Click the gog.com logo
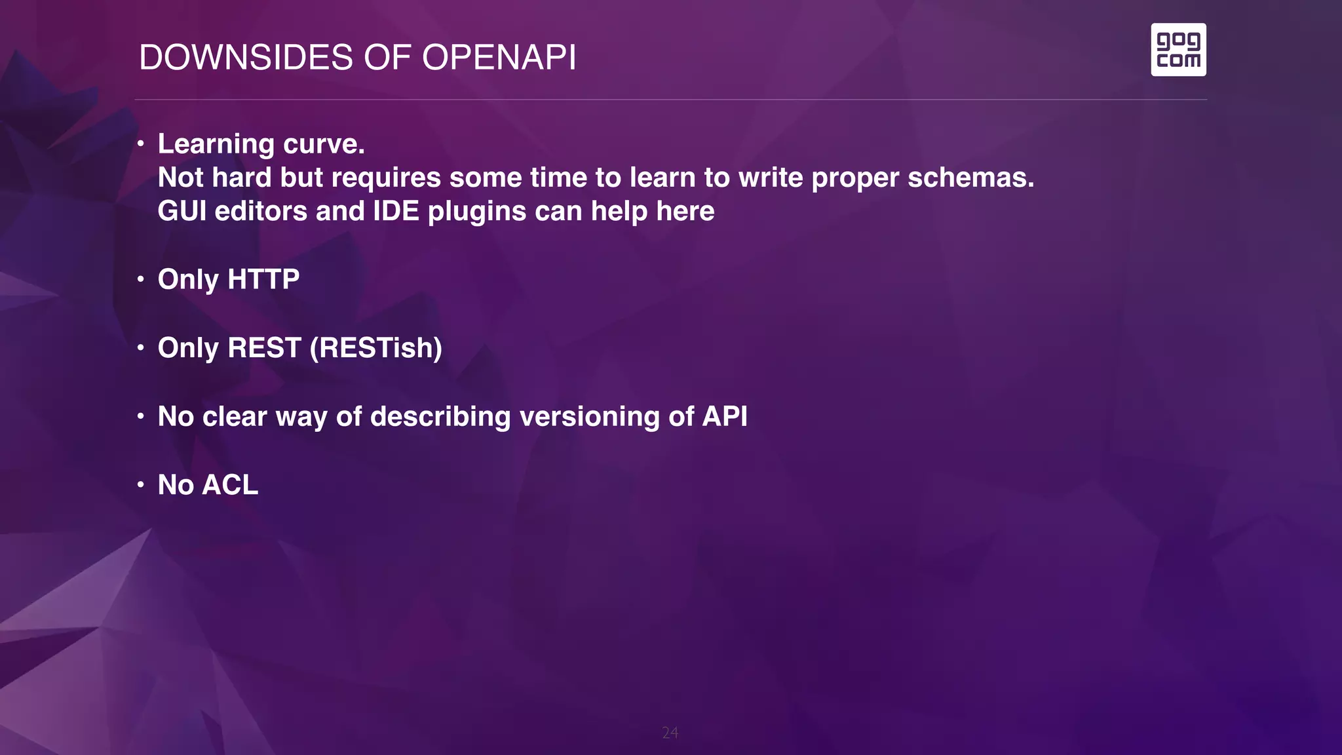point(1178,50)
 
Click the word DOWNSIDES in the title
point(246,58)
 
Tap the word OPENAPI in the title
point(499,58)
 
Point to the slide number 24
point(670,733)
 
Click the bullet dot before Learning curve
point(140,143)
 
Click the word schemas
point(970,178)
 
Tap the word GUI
point(182,211)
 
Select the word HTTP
point(263,279)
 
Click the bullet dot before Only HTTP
point(140,280)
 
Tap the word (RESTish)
point(375,348)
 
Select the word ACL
point(230,485)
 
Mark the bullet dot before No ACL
point(140,485)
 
